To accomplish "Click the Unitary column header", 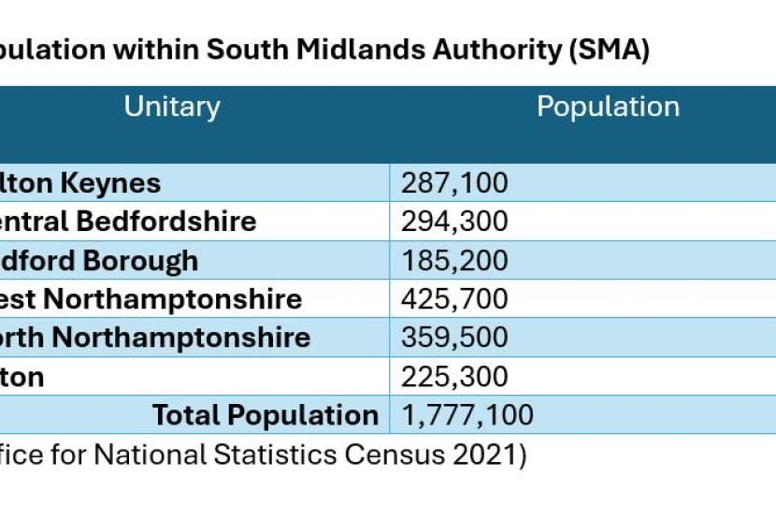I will [172, 107].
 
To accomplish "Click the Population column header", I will [608, 107].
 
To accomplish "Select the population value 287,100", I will [454, 182].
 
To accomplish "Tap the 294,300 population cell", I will [454, 222].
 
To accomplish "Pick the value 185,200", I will [454, 260].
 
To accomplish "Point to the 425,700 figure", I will [454, 299].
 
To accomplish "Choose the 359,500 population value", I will [454, 338].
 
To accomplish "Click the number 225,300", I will [454, 377].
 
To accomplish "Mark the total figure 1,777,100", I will [467, 415].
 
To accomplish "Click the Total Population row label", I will [265, 415].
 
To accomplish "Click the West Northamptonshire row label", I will [150, 299].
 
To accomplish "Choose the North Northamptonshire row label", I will [154, 338].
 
